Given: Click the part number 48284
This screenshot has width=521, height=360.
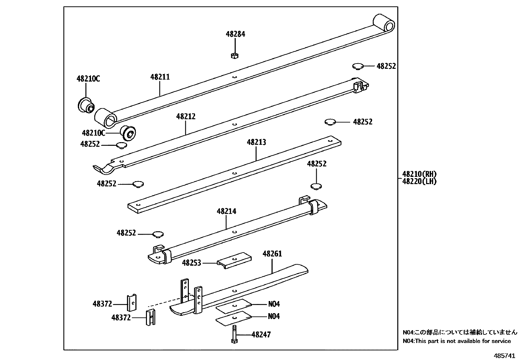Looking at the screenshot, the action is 235,34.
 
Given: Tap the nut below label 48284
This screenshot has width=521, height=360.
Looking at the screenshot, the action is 235,56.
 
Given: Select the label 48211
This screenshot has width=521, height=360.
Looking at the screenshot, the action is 160,77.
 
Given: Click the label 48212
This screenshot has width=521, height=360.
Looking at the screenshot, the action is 186,116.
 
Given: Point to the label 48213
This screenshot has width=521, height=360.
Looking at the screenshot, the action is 256,142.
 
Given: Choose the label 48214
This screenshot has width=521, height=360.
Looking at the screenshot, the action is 226,211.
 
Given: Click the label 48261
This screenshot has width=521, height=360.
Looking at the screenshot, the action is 272,254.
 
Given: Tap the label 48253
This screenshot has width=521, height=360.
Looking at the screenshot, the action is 191,263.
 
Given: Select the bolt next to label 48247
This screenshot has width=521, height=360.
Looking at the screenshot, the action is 234,334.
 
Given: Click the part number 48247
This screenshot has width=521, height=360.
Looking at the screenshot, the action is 261,335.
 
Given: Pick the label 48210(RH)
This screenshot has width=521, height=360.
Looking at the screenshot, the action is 420,174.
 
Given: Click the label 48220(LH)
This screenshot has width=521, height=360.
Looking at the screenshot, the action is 420,181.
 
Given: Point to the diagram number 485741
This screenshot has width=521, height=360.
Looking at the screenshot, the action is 505,356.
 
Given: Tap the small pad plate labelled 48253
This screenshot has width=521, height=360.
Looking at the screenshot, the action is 234,260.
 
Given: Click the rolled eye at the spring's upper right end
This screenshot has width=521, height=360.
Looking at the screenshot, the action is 384,24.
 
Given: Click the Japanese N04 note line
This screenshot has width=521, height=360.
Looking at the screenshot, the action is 460,332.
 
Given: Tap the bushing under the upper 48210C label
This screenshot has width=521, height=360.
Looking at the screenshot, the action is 86,106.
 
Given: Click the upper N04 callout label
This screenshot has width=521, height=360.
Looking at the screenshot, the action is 274,304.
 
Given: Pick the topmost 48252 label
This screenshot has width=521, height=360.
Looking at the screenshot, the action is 386,66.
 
